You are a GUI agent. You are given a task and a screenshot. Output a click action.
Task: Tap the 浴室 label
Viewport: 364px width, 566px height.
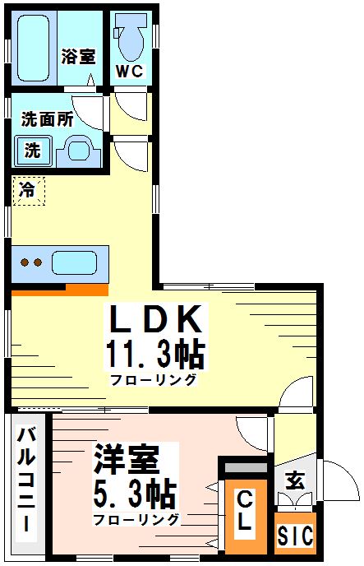(x=78, y=57)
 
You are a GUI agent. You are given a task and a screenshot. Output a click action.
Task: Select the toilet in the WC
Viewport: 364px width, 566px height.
(x=131, y=37)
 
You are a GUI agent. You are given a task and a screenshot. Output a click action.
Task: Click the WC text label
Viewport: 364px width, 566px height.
(x=130, y=72)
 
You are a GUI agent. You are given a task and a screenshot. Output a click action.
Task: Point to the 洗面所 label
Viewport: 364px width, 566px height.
(x=47, y=118)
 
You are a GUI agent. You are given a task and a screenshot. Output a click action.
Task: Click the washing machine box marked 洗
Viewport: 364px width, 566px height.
(x=32, y=151)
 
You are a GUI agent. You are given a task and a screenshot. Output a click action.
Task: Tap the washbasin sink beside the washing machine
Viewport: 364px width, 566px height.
(x=79, y=151)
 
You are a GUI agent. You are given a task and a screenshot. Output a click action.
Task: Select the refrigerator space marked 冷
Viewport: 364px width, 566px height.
(x=28, y=191)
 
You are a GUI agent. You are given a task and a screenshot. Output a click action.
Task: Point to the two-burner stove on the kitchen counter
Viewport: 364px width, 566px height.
(x=31, y=264)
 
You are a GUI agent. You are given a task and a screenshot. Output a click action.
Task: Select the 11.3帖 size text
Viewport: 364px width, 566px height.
(x=154, y=355)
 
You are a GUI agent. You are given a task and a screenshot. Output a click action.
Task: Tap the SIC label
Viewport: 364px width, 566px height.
(x=294, y=536)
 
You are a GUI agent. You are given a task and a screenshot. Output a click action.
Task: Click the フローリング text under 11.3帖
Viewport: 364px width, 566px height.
(x=154, y=379)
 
